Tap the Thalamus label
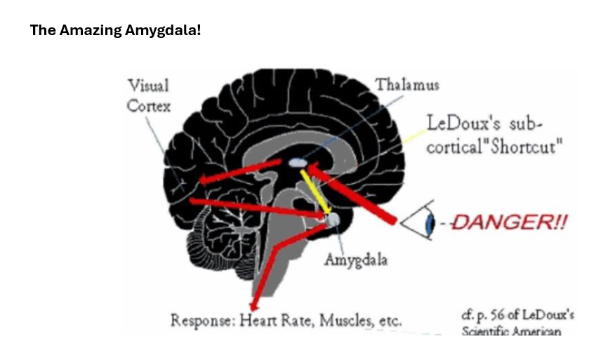407,85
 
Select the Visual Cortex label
148,96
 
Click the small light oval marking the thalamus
298,163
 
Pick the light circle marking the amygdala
333,220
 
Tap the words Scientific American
511,331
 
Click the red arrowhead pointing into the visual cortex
206,180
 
